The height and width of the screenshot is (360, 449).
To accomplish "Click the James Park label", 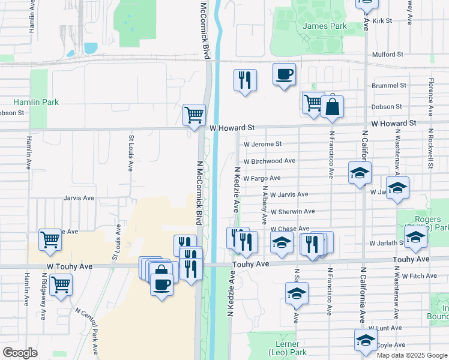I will pyautogui.click(x=325, y=26).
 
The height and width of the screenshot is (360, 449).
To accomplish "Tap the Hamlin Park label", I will pyautogui.click(x=37, y=102).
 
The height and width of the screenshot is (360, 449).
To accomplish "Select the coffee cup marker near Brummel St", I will pyautogui.click(x=285, y=76).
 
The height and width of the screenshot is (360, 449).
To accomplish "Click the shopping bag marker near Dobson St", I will pyautogui.click(x=332, y=108).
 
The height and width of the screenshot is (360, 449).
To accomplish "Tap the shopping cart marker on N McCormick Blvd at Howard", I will pyautogui.click(x=194, y=115).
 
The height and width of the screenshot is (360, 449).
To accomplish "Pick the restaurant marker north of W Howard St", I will pyautogui.click(x=245, y=81).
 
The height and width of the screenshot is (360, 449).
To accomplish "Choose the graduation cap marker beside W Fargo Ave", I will pyautogui.click(x=360, y=173).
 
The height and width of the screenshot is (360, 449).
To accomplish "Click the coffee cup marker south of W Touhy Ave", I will pyautogui.click(x=161, y=283).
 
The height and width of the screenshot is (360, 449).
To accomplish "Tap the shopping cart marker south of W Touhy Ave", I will pyautogui.click(x=61, y=285).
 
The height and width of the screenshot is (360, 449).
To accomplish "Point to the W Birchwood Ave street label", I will pyautogui.click(x=270, y=161).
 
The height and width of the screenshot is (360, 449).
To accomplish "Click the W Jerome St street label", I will pyautogui.click(x=262, y=144).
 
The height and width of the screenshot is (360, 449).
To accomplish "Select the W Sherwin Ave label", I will pyautogui.click(x=292, y=212).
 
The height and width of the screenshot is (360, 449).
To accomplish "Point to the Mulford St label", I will pyautogui.click(x=387, y=54).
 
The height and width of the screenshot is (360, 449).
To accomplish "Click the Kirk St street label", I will pyautogui.click(x=382, y=20).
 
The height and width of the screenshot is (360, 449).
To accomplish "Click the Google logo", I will pyautogui.click(x=20, y=353).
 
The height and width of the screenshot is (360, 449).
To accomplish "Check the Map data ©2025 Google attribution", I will pyautogui.click(x=411, y=355).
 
